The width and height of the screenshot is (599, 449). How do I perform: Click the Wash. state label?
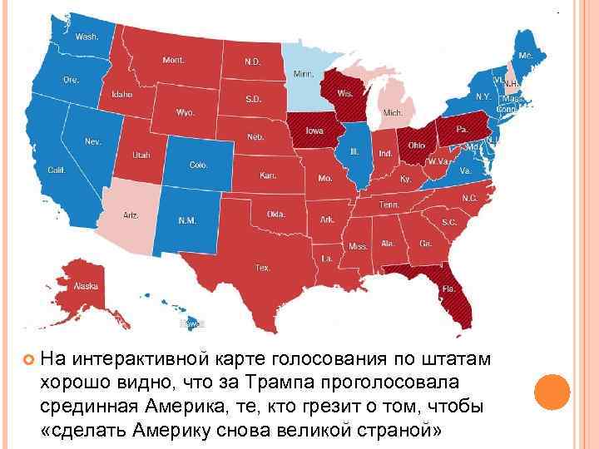point(85,37)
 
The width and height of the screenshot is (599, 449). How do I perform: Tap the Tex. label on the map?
point(263,268)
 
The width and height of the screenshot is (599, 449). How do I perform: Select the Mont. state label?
point(174,60)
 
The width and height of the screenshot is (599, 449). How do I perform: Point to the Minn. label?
point(303,74)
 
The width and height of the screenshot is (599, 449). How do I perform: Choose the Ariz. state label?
point(131,215)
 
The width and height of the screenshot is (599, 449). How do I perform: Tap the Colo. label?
point(198,165)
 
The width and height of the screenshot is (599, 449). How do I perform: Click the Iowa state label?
point(315,131)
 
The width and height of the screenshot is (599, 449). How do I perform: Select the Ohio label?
point(416,145)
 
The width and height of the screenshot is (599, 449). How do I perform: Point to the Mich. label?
point(393,112)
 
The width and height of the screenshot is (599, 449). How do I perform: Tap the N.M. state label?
point(187,220)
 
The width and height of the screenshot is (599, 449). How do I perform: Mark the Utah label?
point(141,155)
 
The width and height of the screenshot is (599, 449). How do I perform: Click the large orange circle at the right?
point(550,392)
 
